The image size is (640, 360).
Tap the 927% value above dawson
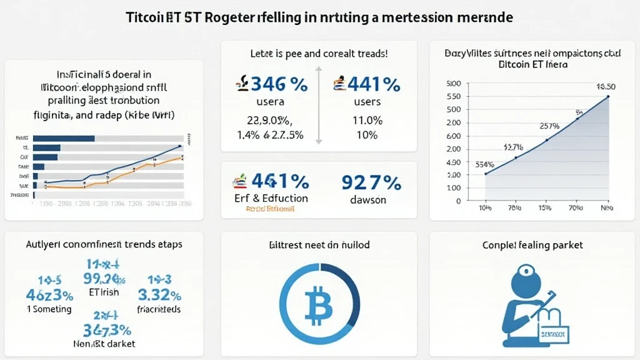point(371,182)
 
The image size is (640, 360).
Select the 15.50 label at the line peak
point(607,87)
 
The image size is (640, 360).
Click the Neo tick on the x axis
point(606,207)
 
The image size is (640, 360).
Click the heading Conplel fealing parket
point(532,245)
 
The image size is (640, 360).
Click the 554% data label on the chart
point(484,165)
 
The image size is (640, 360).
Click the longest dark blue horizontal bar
point(62,138)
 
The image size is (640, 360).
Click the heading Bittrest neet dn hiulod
point(319,245)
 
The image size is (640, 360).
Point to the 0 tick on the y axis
point(458,201)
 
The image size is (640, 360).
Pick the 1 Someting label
point(49,309)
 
